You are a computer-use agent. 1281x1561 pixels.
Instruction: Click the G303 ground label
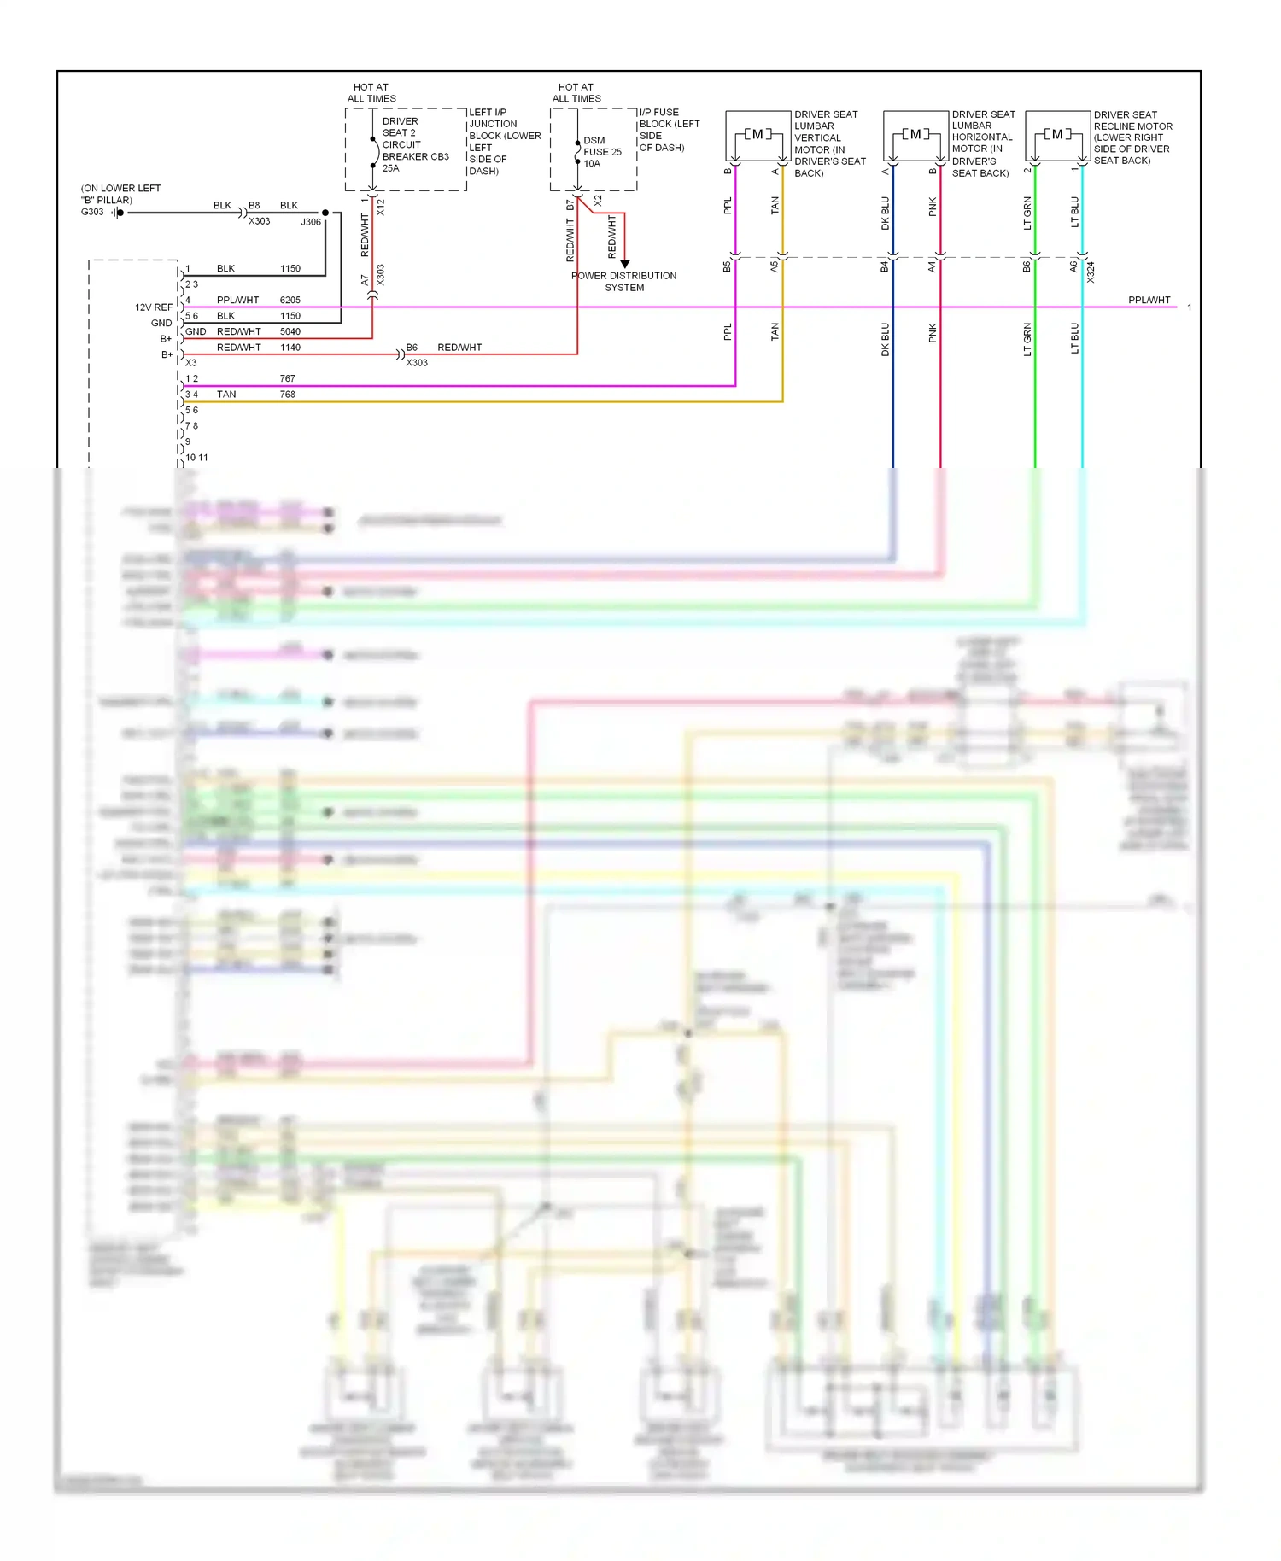92,212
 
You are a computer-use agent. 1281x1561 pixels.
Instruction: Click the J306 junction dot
325,213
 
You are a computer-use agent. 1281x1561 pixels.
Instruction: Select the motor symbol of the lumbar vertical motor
757,134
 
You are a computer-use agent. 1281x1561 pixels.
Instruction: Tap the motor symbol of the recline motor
1057,134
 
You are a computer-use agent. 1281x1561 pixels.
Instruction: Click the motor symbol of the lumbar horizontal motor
915,134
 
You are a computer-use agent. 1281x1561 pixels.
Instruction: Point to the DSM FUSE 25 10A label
601,152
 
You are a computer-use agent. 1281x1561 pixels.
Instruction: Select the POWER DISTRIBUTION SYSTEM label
624,282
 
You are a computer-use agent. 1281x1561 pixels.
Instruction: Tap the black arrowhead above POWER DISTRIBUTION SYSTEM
624,264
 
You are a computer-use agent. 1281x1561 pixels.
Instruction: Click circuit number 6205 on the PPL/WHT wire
290,300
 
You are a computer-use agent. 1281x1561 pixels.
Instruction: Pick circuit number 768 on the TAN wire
287,395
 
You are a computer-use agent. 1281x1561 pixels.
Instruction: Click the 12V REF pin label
154,307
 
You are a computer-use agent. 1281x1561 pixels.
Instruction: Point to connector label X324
1091,272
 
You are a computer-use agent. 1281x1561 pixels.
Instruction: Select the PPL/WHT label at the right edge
1149,300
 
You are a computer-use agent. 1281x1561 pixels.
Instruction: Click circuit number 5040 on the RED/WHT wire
290,331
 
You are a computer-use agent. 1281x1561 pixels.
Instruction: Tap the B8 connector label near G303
254,206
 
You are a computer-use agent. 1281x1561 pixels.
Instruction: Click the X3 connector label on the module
191,363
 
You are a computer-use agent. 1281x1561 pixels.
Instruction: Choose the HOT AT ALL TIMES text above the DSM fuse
576,93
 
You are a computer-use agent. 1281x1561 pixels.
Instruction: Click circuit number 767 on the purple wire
287,378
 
